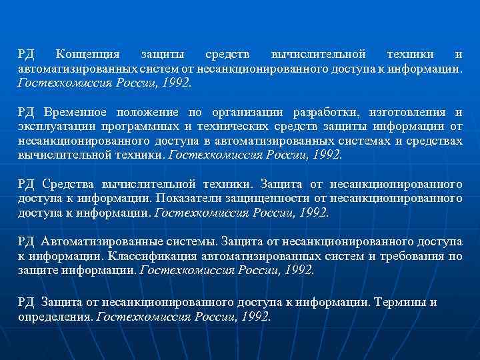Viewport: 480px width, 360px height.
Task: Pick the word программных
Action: [145, 126]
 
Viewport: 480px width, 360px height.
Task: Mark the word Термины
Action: [400, 302]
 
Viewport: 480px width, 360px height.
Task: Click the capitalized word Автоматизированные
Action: [92, 241]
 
